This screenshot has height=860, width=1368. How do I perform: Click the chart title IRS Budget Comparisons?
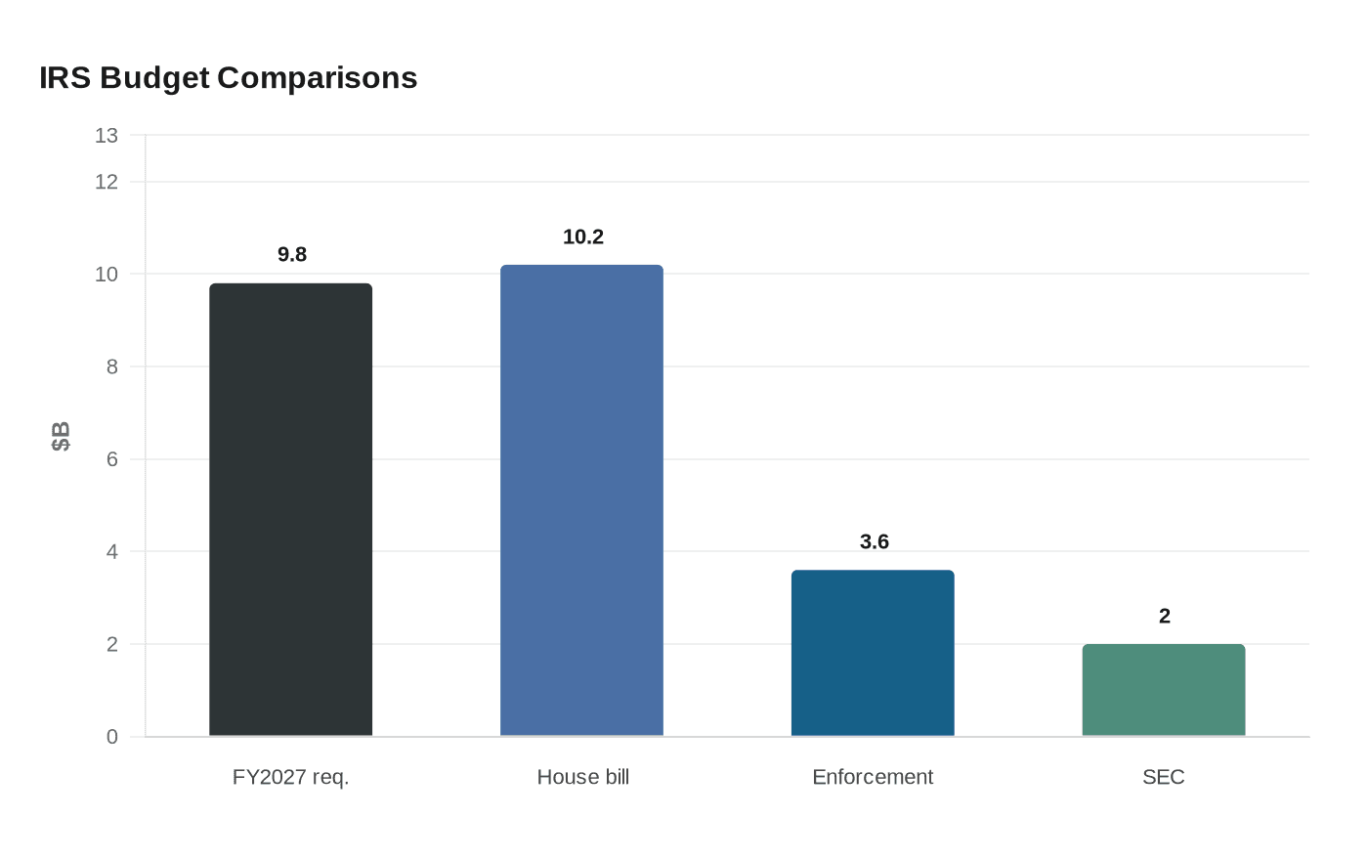228,77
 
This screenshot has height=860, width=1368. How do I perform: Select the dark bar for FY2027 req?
290,509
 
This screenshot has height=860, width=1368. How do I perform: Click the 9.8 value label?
291,255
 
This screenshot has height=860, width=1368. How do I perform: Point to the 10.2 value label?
583,237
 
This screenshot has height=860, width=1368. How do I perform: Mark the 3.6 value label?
874,542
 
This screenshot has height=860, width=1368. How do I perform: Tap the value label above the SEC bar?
1164,617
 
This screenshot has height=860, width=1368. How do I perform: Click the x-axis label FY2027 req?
290,777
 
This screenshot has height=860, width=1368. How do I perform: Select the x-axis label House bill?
582,777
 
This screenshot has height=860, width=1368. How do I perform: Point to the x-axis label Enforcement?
873,777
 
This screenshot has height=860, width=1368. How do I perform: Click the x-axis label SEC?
1163,777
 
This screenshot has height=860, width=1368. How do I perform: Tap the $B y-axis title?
61,436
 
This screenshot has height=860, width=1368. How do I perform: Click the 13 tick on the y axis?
106,136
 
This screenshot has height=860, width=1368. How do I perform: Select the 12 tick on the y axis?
106,182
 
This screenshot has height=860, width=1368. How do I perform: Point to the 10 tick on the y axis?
106,275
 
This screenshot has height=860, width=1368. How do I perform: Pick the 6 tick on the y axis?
111,459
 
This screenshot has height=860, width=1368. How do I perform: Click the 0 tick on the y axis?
111,737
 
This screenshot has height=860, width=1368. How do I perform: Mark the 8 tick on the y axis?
111,366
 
